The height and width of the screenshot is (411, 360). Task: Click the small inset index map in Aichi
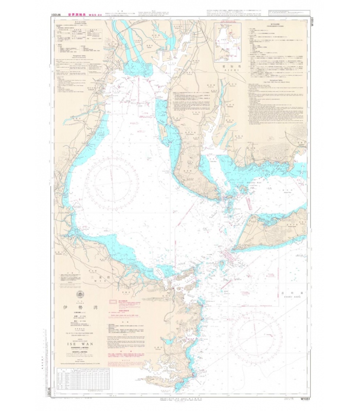[229, 40]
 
